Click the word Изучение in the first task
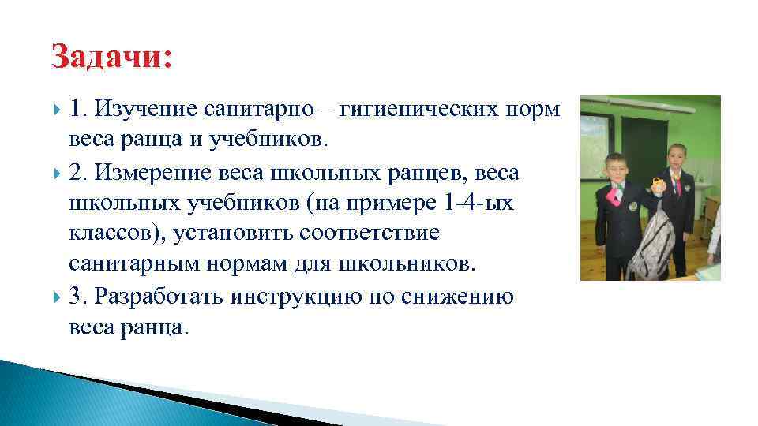pos(148,110)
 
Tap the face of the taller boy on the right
pos(678,157)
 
